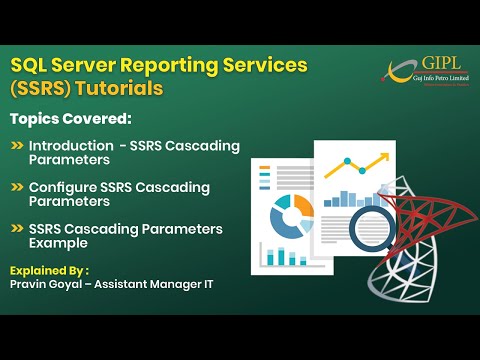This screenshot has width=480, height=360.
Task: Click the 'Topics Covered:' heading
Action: click(70, 119)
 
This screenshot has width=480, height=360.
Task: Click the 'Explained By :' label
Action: click(49, 270)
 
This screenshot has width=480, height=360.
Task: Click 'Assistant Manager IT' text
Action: click(163, 285)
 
